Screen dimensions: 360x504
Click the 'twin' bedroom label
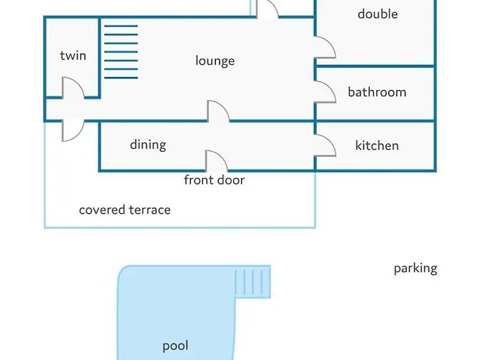(x=73, y=55)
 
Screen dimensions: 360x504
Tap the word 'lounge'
(x=215, y=60)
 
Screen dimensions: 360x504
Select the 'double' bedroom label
(x=377, y=14)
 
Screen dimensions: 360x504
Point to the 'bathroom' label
(x=377, y=91)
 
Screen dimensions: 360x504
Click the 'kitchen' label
(x=377, y=145)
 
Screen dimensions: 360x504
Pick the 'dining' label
(x=148, y=144)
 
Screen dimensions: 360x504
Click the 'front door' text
(x=214, y=180)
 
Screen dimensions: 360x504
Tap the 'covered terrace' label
(x=125, y=210)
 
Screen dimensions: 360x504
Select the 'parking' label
(x=415, y=269)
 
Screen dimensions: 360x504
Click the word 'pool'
(x=175, y=346)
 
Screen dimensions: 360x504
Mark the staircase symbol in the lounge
(x=120, y=51)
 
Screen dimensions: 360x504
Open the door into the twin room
(x=72, y=89)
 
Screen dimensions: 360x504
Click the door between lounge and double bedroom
(x=325, y=48)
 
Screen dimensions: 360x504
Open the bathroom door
(x=325, y=91)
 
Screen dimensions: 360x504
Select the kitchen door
(x=325, y=145)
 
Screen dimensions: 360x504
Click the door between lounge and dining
(x=218, y=112)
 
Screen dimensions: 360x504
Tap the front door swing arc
(x=217, y=161)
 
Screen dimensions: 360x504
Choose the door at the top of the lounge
(x=267, y=9)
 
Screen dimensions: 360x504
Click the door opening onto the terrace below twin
(x=72, y=130)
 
